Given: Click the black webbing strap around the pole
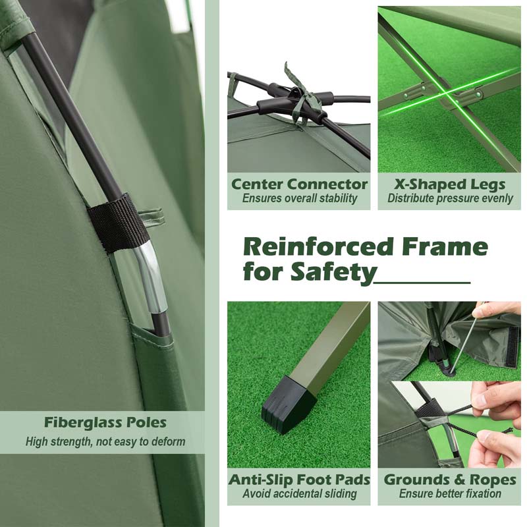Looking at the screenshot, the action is tap(119, 223).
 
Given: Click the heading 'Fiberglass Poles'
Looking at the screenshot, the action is tap(105, 423).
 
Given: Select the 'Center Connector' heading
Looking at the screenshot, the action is tap(299, 184).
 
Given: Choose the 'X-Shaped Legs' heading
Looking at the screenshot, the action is tap(450, 184).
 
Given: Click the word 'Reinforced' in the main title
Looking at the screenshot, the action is tap(318, 246).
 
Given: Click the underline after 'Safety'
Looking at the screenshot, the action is tap(422, 283).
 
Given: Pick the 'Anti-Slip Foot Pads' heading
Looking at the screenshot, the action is tap(299, 480).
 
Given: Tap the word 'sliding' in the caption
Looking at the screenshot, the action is tap(340, 493).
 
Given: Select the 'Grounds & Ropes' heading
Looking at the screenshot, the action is tap(450, 480).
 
